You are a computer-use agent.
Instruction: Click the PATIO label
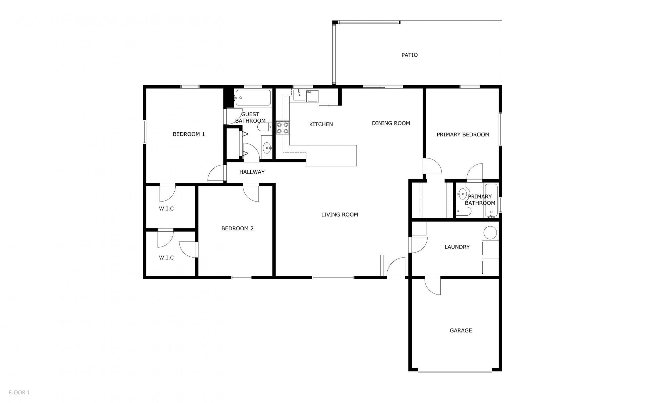[x=410, y=55]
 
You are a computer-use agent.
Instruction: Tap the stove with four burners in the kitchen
[x=283, y=128]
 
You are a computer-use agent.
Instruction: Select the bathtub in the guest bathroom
[x=253, y=98]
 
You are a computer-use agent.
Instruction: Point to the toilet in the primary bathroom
[x=464, y=211]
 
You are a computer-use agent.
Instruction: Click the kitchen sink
[x=299, y=95]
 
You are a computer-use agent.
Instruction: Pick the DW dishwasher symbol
[x=312, y=96]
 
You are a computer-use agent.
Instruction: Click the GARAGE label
[x=461, y=330]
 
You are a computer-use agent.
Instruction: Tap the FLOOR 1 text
[x=19, y=392]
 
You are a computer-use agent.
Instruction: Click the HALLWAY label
[x=252, y=172]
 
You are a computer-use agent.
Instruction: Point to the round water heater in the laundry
[x=490, y=233]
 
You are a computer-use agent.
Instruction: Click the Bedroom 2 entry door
[x=251, y=192]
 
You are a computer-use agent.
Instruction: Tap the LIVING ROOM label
[x=340, y=215]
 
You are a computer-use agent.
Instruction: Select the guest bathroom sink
[x=267, y=147]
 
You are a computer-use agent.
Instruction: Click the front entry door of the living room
[x=396, y=267]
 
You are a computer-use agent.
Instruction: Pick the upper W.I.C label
[x=166, y=209]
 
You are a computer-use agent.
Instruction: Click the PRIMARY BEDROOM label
[x=463, y=135]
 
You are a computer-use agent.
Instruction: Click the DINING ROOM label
[x=391, y=123]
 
